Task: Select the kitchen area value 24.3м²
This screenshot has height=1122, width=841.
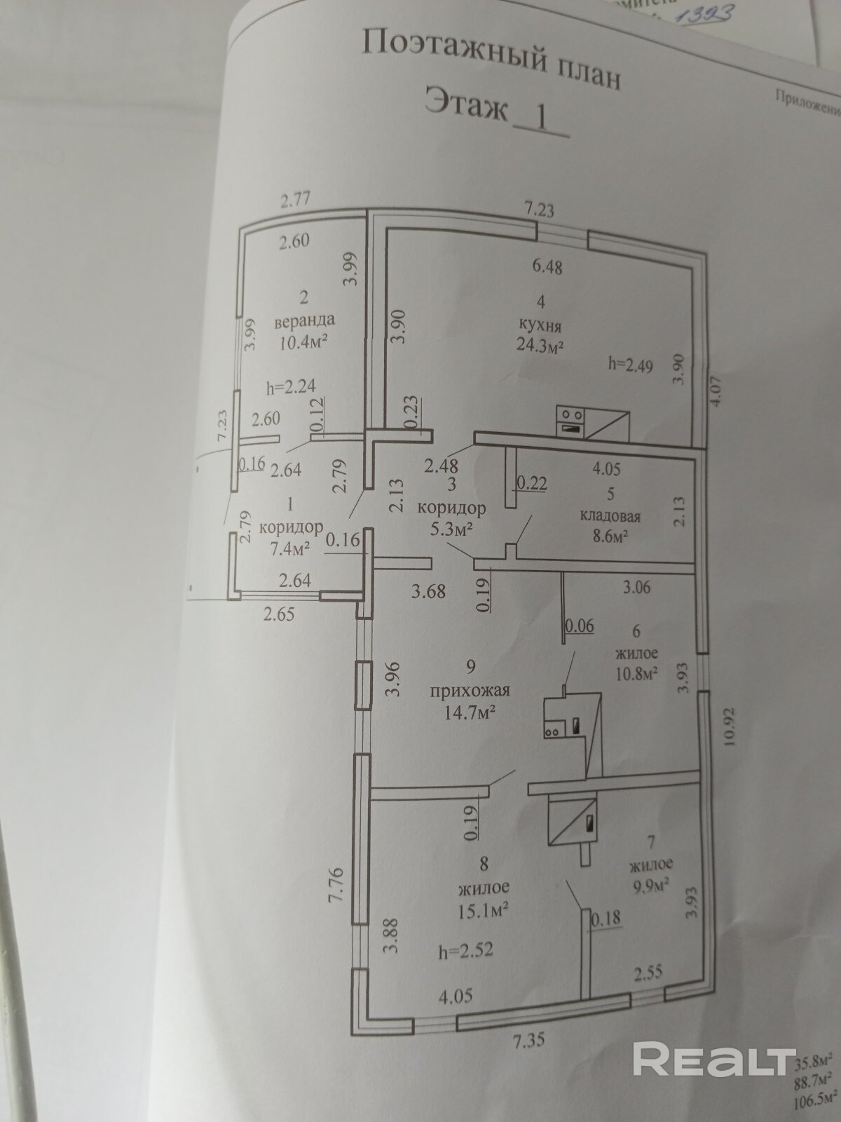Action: pos(540,346)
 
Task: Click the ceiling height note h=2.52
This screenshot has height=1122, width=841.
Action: pos(466,951)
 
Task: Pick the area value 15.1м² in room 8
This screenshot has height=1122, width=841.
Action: pos(483,910)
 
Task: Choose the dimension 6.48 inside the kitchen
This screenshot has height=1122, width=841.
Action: pos(547,266)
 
